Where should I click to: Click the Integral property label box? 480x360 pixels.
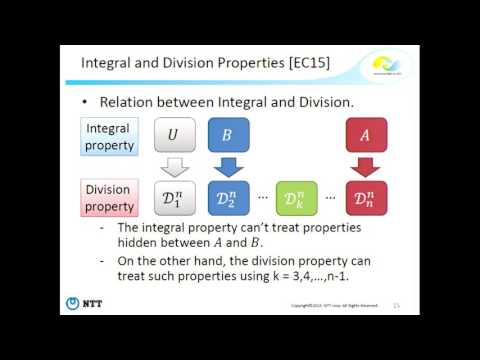pos(110,137)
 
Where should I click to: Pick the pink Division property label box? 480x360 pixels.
pos(110,197)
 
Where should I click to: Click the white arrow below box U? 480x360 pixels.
pos(174,166)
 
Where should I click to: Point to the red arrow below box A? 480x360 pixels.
pos(367,166)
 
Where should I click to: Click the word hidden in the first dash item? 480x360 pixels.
pos(139,243)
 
